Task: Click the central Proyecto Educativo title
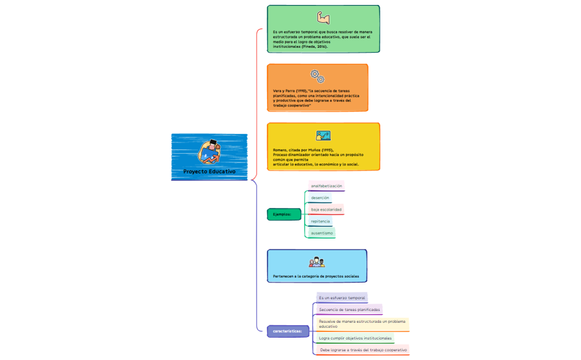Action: click(209, 171)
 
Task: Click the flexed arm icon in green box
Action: click(323, 17)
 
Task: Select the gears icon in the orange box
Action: click(317, 76)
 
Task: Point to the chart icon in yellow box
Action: click(323, 135)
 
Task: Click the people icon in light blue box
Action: click(317, 262)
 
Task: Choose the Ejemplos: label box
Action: click(283, 214)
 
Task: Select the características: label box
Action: click(287, 331)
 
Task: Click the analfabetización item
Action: click(326, 186)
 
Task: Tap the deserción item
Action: click(320, 198)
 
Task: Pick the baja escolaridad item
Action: click(326, 209)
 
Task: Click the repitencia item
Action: click(320, 221)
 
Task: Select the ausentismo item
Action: click(321, 233)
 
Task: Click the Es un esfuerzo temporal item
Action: click(342, 297)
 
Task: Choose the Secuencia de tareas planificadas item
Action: click(349, 309)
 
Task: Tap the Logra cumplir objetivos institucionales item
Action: click(355, 338)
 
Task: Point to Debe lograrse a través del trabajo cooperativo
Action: click(363, 350)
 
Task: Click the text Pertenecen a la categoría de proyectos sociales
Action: click(316, 276)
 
